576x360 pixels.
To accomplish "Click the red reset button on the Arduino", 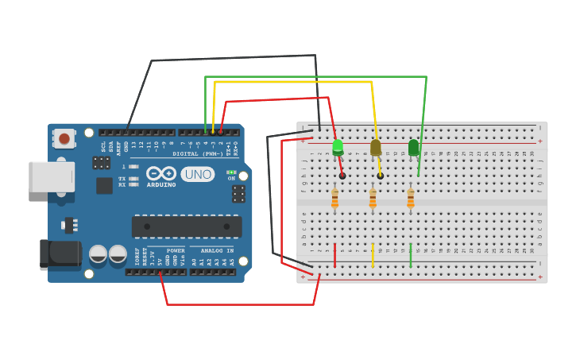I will pos(63,139).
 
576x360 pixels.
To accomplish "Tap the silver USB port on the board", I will pos(52,176).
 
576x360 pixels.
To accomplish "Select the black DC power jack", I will pos(60,254).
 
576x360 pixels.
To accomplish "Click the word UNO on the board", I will pos(197,174).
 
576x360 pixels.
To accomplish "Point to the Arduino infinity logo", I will pos(161,174).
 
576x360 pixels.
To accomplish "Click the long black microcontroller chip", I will pos(187,226).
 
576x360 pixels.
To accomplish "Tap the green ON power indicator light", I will pos(231,172).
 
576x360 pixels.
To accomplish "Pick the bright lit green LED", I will pos(338,147).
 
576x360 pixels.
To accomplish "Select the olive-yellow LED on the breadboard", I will pos(376,148).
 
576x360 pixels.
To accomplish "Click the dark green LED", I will pos(413,148).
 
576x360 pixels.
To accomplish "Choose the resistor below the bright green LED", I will pos(334,198).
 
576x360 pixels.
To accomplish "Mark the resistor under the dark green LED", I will pos(411,198).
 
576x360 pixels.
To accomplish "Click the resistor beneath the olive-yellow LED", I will pos(373,198).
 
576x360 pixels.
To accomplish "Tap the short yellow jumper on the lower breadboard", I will pos(373,255).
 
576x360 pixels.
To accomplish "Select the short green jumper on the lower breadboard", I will pos(411,255).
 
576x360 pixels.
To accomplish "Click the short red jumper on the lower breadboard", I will pos(334,255).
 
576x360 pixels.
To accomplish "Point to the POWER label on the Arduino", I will pos(176,250).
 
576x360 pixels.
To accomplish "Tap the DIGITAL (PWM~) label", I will pos(198,153).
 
